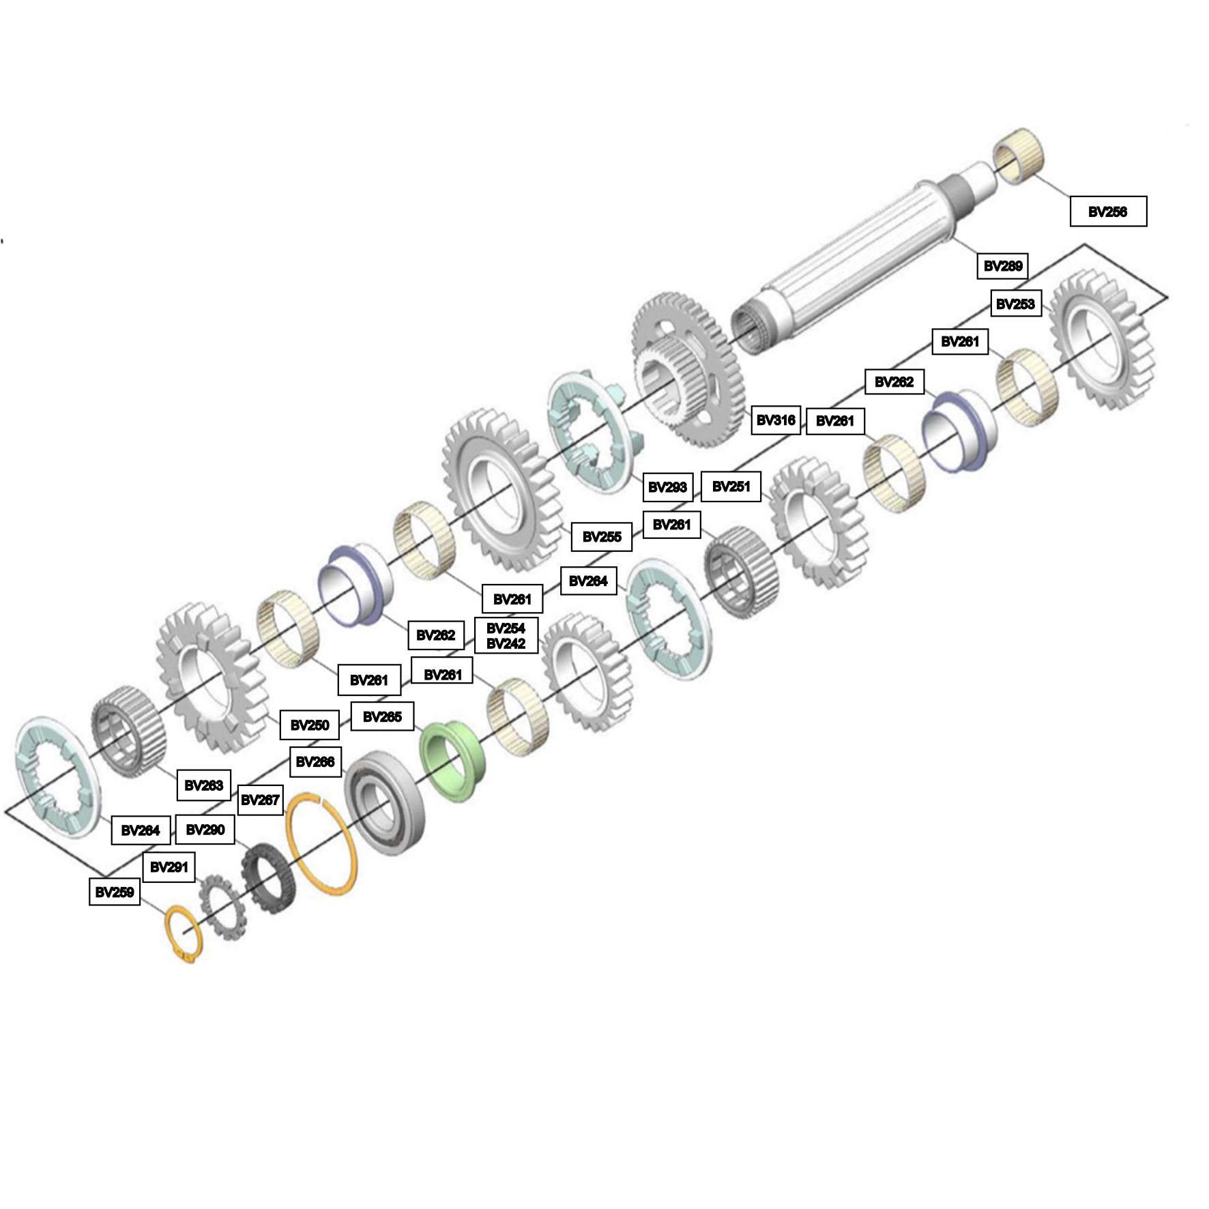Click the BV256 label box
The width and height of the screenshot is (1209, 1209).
click(1107, 212)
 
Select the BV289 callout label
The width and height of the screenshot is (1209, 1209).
click(1002, 266)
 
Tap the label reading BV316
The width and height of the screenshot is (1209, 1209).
click(776, 420)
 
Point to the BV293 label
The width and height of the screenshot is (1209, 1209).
click(667, 487)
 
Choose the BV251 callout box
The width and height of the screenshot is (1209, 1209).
click(731, 486)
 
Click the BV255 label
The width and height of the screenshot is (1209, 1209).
click(602, 537)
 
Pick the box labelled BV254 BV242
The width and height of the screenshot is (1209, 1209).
click(506, 636)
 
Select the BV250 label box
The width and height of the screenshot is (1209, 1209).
click(310, 725)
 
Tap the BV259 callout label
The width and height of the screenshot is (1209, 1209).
click(115, 892)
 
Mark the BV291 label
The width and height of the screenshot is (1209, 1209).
click(169, 867)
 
